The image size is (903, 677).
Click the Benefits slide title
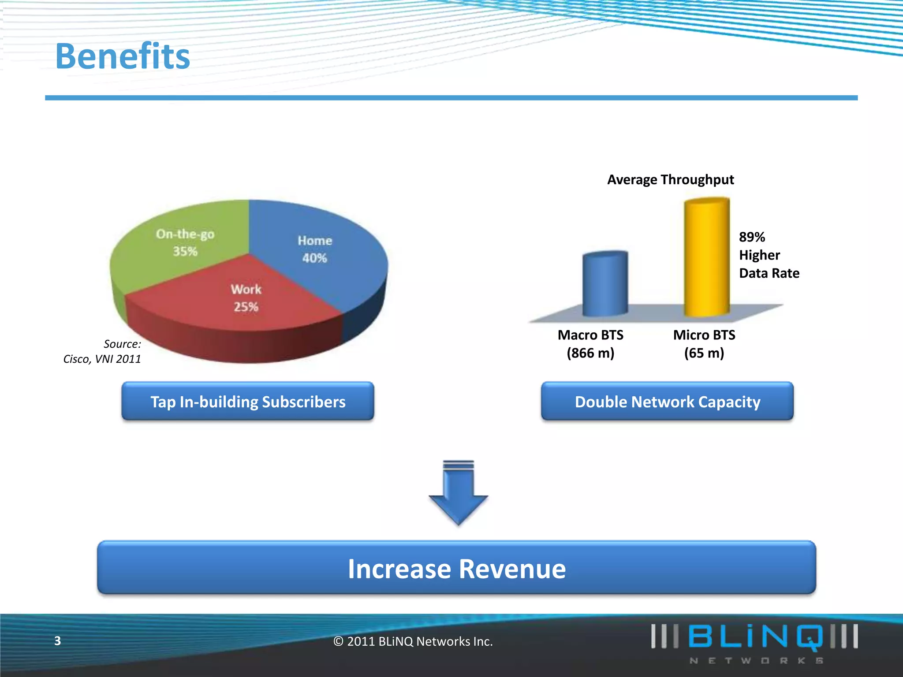[123, 56]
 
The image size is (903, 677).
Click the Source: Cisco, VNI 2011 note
[102, 351]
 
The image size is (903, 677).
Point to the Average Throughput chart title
[670, 179]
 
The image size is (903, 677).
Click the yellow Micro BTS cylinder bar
[706, 257]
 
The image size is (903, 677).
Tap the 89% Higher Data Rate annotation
[769, 255]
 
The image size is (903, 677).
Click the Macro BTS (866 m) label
[590, 344]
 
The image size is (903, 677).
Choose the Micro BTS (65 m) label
[704, 344]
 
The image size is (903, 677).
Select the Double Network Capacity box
[667, 402]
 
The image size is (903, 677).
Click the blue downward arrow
[458, 494]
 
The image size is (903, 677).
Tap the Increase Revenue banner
[456, 568]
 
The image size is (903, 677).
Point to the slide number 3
[57, 641]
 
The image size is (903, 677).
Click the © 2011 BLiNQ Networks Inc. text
[413, 641]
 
